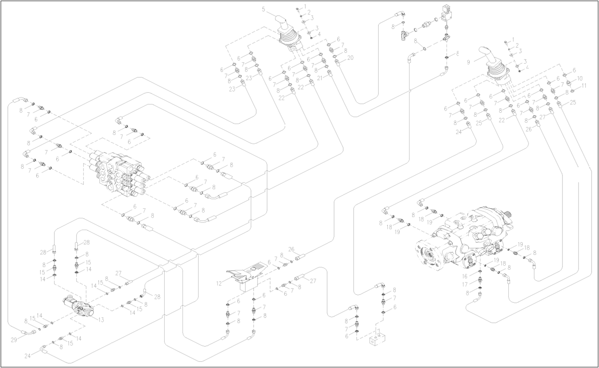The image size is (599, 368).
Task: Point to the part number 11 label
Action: (583, 85)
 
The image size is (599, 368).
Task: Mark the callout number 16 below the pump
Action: (465, 276)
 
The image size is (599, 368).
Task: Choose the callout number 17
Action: (465, 284)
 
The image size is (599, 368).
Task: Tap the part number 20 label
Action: (350, 58)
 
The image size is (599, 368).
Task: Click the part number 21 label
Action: (319, 78)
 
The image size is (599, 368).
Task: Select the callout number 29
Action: (14, 340)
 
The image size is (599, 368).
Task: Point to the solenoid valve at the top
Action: (447, 15)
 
